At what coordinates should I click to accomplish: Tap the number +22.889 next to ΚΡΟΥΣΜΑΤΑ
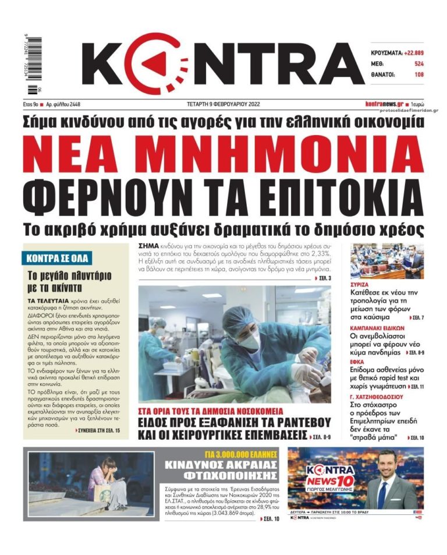tap(410, 52)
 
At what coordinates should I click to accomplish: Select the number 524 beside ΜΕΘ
tap(418, 63)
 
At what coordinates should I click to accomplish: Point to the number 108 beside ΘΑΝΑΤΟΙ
tap(418, 75)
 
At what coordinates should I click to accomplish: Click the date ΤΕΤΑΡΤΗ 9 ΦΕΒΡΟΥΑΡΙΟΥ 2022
tap(223, 104)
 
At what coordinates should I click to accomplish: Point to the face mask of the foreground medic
tap(249, 340)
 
